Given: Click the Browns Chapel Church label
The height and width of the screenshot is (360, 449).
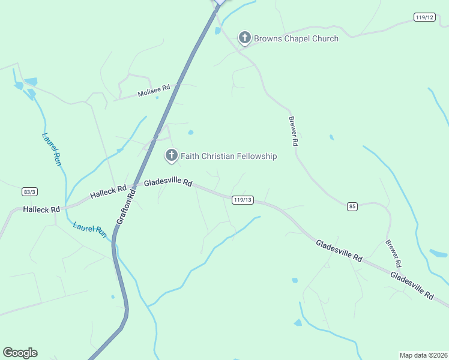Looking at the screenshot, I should coord(296,39).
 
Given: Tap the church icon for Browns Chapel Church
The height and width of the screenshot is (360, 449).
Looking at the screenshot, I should coord(244,38).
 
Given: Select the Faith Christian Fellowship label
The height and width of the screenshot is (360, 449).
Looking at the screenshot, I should coord(229,157).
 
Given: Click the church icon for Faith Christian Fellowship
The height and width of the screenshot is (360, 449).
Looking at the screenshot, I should coord(172,156).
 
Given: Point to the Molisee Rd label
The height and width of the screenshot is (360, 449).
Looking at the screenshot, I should coord(154,91).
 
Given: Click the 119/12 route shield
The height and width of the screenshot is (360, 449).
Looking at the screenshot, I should coord(424,17).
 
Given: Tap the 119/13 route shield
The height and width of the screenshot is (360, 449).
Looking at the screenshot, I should coord(243,200).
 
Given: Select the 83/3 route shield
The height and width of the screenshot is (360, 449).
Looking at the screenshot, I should coord(29,191).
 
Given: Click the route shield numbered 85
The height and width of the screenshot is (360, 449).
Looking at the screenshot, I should coord(352,207).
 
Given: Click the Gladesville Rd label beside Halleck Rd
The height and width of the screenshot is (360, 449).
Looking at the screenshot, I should coord(168,182).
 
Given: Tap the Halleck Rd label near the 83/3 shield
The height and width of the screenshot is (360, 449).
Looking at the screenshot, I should coord(41,209).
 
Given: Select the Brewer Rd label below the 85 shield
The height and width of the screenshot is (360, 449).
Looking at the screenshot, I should coord(393,254).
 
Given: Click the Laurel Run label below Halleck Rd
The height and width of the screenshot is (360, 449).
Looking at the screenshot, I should coord(89,230).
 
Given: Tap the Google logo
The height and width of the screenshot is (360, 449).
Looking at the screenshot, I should coord(20,353).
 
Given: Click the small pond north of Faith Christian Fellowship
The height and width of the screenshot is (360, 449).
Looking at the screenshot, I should coord(190,133).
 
